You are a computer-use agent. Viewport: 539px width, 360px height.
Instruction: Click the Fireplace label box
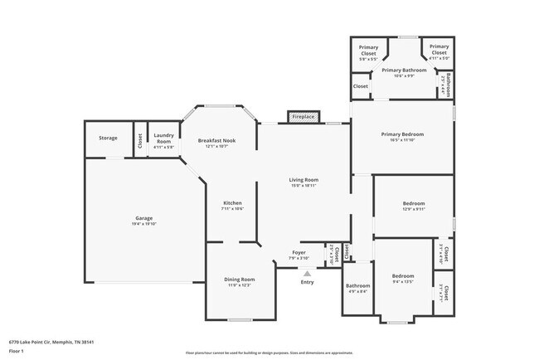pos(302,117)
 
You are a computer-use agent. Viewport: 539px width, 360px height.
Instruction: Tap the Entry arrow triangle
pos(308,272)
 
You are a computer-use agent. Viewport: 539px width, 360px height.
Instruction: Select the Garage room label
pos(143,218)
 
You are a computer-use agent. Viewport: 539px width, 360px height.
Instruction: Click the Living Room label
pos(303,179)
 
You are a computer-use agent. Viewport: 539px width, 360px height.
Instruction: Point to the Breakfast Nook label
pos(216,140)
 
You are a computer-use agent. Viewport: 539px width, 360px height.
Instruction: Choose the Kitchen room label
pos(232,203)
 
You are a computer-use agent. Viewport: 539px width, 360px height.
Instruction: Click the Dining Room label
pos(239,280)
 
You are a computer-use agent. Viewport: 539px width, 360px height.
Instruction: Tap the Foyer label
pos(299,253)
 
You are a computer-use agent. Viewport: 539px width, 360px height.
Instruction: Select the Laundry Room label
pos(163,138)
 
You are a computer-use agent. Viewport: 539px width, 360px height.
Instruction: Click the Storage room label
pos(108,138)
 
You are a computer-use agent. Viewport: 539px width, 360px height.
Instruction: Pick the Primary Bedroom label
pos(402,134)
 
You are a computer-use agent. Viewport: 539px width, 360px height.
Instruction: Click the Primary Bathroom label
pos(404,71)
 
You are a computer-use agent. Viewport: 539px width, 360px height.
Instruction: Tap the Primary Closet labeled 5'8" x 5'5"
pos(367,50)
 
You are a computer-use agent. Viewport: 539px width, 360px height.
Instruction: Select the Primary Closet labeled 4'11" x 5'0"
pos(439,50)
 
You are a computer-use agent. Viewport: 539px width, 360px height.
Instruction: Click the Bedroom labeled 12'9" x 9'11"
pos(413,203)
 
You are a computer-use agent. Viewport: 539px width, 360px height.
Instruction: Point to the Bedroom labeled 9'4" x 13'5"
pos(403,275)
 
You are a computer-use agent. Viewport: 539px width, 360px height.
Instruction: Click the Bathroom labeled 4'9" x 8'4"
pos(357,287)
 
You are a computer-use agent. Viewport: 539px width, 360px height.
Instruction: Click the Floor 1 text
pos(17,351)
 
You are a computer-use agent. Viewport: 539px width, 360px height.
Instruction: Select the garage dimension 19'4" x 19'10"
pos(143,224)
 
